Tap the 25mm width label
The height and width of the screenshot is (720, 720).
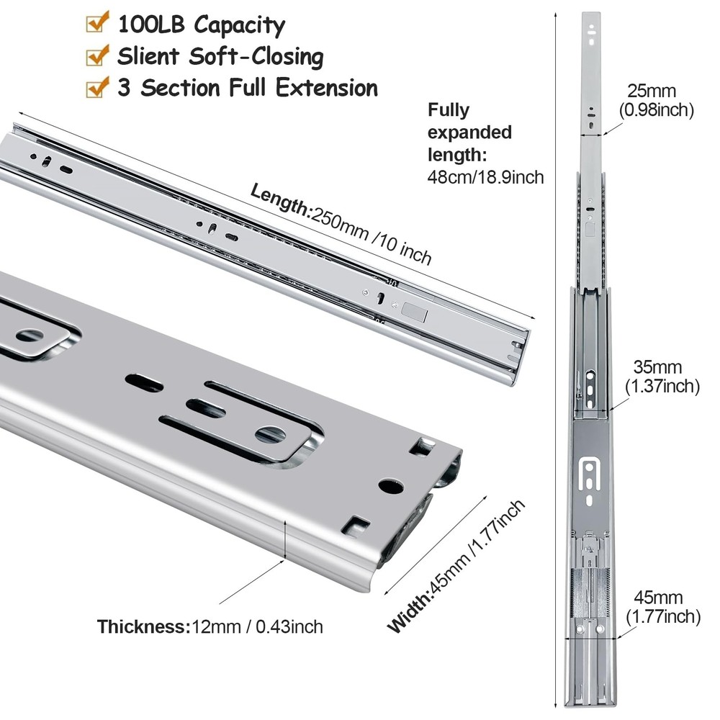tap(652, 91)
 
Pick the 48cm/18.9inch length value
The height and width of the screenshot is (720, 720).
tap(486, 177)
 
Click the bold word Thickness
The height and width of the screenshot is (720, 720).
tap(144, 626)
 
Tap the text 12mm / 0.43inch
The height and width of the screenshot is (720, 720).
tap(257, 626)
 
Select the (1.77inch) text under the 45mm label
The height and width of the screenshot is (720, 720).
tap(664, 616)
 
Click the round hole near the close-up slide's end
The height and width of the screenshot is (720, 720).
tap(391, 486)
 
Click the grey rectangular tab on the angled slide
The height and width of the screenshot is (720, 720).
tap(414, 312)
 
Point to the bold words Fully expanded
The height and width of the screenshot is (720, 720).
tap(469, 121)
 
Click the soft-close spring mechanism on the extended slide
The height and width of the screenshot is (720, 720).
tap(590, 593)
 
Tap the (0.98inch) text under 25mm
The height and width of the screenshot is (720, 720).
tap(656, 110)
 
